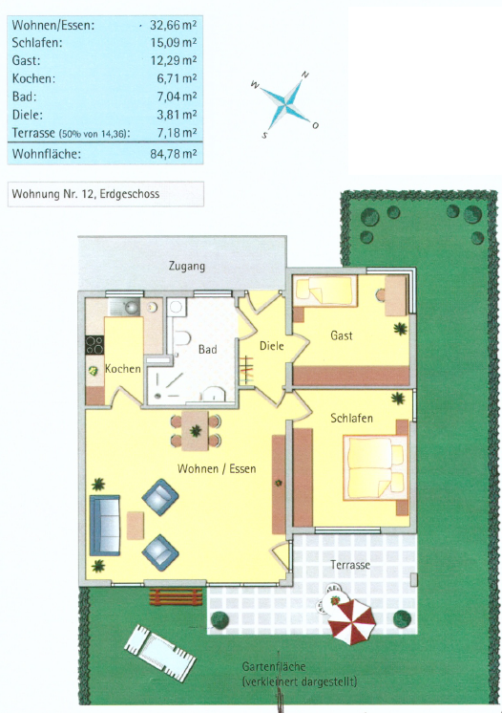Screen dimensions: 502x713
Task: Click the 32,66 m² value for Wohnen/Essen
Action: (174, 25)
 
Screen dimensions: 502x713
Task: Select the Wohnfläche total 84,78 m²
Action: (174, 154)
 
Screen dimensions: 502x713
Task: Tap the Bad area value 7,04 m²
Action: (177, 97)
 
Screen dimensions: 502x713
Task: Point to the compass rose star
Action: (285, 102)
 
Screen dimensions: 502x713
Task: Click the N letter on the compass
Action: (305, 76)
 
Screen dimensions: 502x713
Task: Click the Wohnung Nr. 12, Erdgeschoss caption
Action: (86, 194)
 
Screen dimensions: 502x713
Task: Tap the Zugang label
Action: (186, 266)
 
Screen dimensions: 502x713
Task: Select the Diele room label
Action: (271, 346)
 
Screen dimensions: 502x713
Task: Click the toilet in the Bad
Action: (182, 338)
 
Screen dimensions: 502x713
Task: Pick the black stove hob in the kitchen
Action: (94, 345)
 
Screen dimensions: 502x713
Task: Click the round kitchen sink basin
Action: (131, 308)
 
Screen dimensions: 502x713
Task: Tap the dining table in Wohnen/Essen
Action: (196, 431)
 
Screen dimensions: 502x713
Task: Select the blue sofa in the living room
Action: (105, 526)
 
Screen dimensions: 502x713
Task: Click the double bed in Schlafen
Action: (376, 468)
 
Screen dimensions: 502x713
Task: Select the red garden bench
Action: (177, 596)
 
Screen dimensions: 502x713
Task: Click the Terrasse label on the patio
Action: (350, 565)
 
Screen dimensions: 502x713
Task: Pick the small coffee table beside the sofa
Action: (136, 526)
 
